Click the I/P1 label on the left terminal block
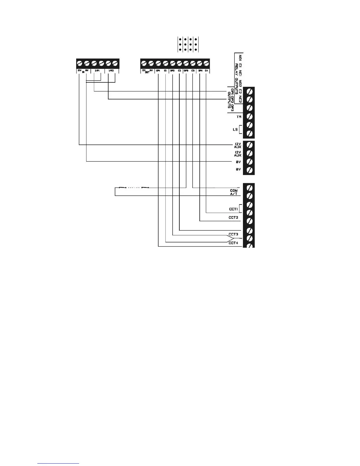[97, 71]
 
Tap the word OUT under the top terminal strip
[147, 72]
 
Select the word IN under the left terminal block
[83, 72]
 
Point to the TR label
[239, 117]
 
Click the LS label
[235, 129]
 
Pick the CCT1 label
[233, 209]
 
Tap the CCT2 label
[233, 218]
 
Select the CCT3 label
[233, 234]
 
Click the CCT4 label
[233, 243]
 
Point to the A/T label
[234, 194]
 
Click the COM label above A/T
[234, 191]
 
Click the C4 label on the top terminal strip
[206, 71]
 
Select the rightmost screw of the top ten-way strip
[206, 63]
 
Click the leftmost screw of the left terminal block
[80, 63]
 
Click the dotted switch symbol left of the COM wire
[134, 187]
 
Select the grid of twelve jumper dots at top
[188, 44]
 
